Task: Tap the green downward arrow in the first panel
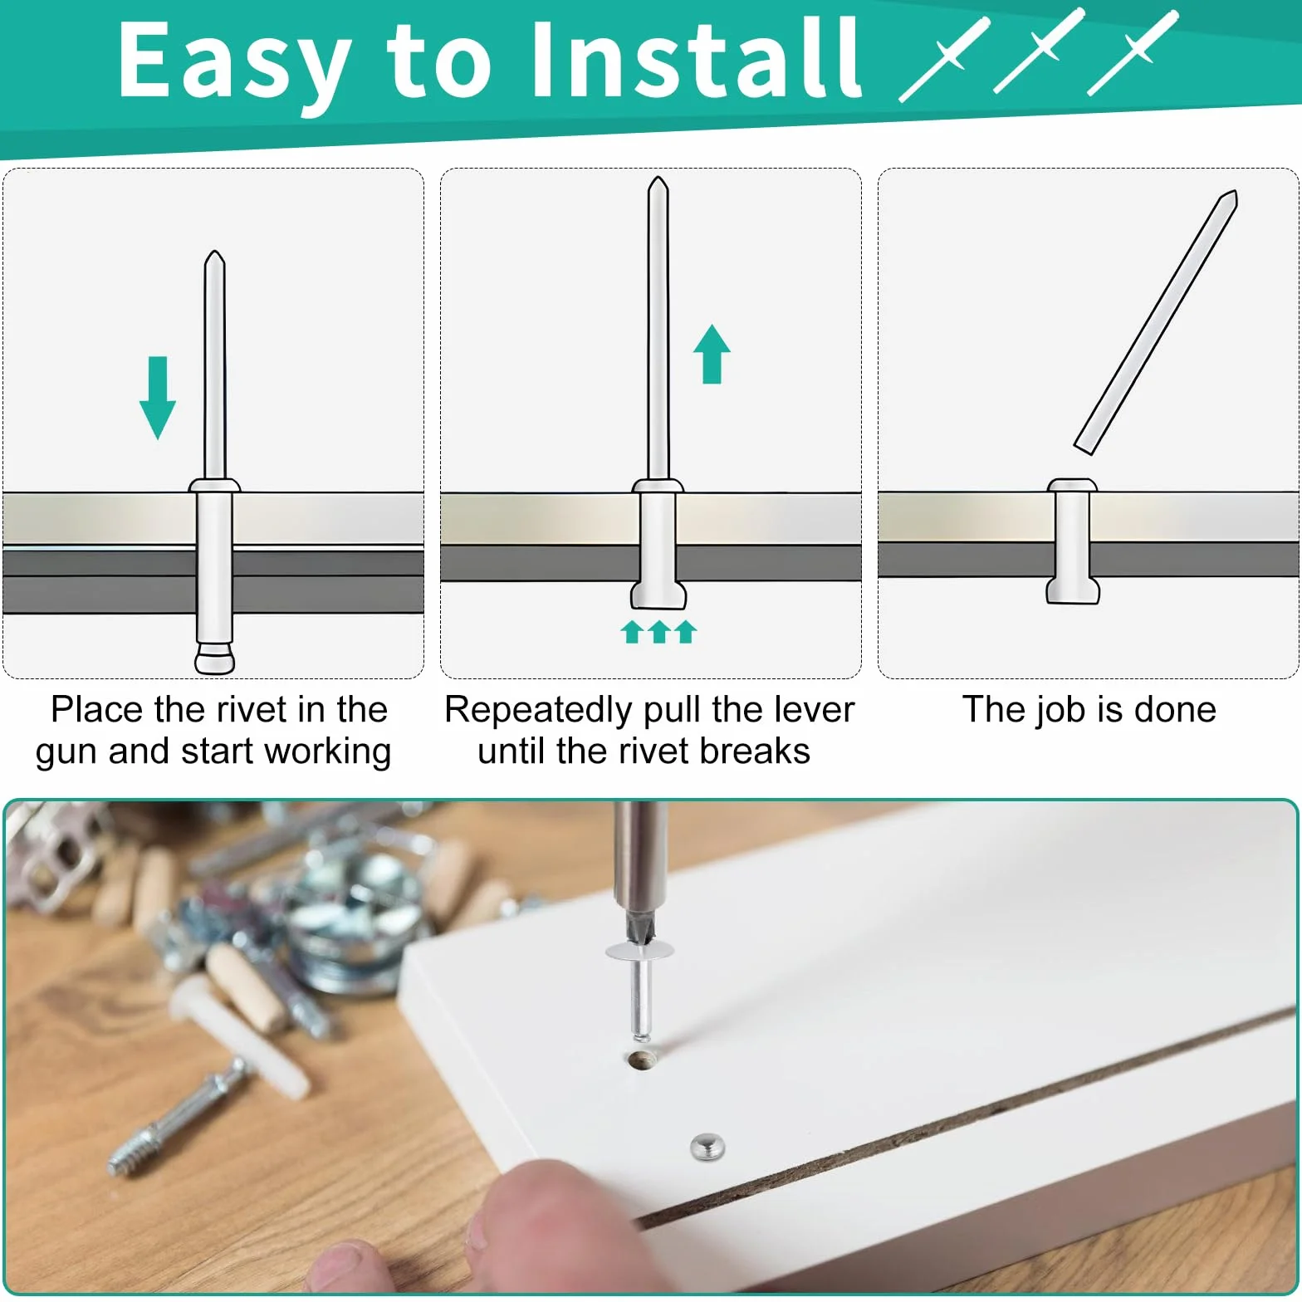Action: pyautogui.click(x=157, y=398)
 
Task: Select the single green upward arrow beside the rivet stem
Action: pyautogui.click(x=712, y=354)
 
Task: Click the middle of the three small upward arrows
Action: pyautogui.click(x=659, y=631)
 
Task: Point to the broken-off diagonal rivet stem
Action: pyautogui.click(x=1156, y=322)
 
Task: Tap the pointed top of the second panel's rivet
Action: pyautogui.click(x=658, y=179)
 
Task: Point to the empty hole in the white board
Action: pyautogui.click(x=641, y=1060)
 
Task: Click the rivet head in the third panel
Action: pyautogui.click(x=1072, y=485)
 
